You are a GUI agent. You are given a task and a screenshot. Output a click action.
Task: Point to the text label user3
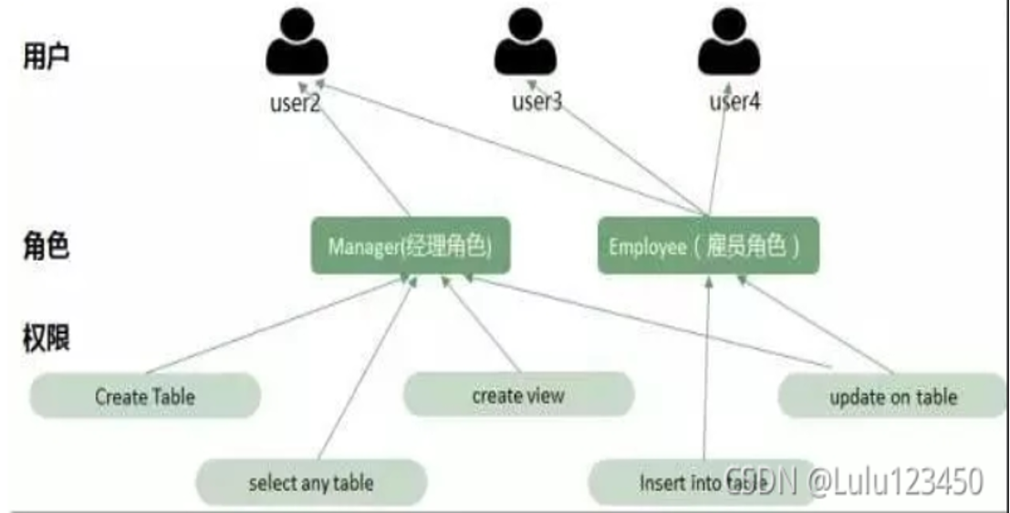(x=536, y=101)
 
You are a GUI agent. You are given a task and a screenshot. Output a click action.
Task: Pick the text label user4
(x=734, y=101)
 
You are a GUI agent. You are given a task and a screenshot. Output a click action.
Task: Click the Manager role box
(x=410, y=246)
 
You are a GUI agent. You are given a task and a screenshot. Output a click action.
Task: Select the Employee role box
(x=708, y=246)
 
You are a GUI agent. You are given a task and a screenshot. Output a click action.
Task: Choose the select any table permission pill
(x=311, y=483)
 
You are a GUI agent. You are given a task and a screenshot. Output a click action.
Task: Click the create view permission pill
(x=518, y=395)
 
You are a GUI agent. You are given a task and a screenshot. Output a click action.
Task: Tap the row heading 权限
(x=46, y=338)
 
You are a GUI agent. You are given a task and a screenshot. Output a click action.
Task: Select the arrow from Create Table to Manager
(x=274, y=329)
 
